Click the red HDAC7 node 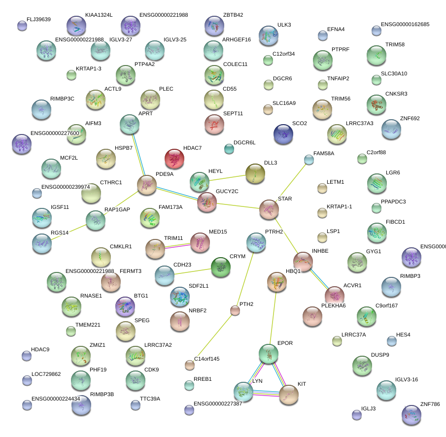coord(174,159)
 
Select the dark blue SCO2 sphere coord(283,134)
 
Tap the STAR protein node coord(269,209)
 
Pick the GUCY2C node coord(207,202)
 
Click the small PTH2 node coord(235,310)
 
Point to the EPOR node coord(269,354)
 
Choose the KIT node coord(289,394)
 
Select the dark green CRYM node coord(220,267)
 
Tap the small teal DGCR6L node coord(229,148)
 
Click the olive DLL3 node coord(255,172)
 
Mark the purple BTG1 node coord(125,306)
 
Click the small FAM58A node coord(309,160)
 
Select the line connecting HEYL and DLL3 coord(228,177)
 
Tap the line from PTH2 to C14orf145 coord(212,337)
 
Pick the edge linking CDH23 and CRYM coord(192,271)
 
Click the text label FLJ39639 coord(38,20)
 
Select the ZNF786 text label coord(430,403)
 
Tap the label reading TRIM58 coord(395,44)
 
